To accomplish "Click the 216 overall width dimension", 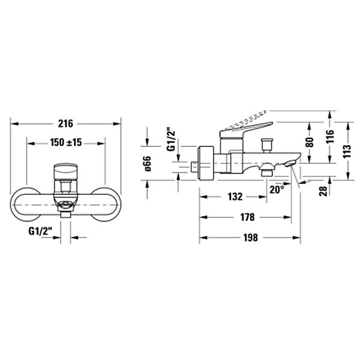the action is [x=65, y=124].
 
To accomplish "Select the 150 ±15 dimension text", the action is [x=66, y=143].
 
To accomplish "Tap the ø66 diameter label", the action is [x=148, y=163].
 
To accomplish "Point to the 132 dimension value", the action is [x=235, y=197].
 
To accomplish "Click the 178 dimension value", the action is [x=247, y=217].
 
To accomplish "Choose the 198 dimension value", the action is [x=250, y=238].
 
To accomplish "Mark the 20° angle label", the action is [x=277, y=190].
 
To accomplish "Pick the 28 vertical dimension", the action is [x=323, y=191].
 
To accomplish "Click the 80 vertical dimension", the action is [x=310, y=142].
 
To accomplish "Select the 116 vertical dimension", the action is [x=330, y=136].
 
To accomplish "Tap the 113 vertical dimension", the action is [x=347, y=151].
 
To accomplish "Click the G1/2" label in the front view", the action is [x=41, y=231].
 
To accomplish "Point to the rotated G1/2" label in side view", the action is [x=171, y=139].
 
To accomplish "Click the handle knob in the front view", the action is [x=65, y=171].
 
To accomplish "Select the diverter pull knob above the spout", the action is [x=267, y=145].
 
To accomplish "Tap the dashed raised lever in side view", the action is [x=245, y=120].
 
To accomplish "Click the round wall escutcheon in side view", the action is [x=206, y=163].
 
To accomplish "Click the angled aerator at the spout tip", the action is [x=290, y=163].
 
